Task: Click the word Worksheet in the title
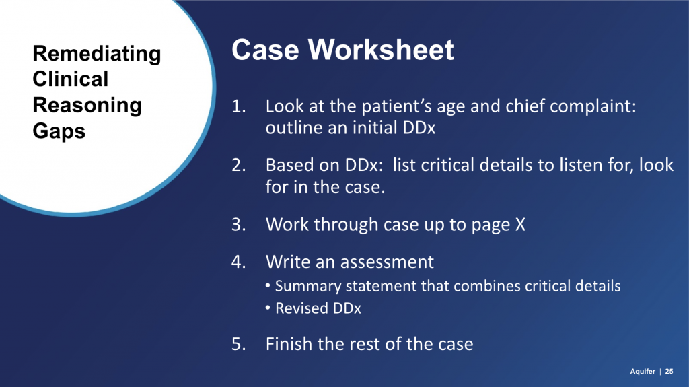coord(381,49)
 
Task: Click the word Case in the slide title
coord(265,49)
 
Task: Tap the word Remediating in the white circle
coord(97,55)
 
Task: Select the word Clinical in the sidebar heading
coord(70,79)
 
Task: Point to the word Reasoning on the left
coord(87,106)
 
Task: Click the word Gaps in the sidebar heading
coord(59,131)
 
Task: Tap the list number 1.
coord(239,106)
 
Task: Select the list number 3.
coord(239,225)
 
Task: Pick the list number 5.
coord(239,344)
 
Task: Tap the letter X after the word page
coord(520,225)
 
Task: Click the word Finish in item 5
coord(289,344)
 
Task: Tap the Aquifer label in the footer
coord(643,372)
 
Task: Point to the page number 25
coord(669,372)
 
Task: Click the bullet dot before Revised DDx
coord(268,308)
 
